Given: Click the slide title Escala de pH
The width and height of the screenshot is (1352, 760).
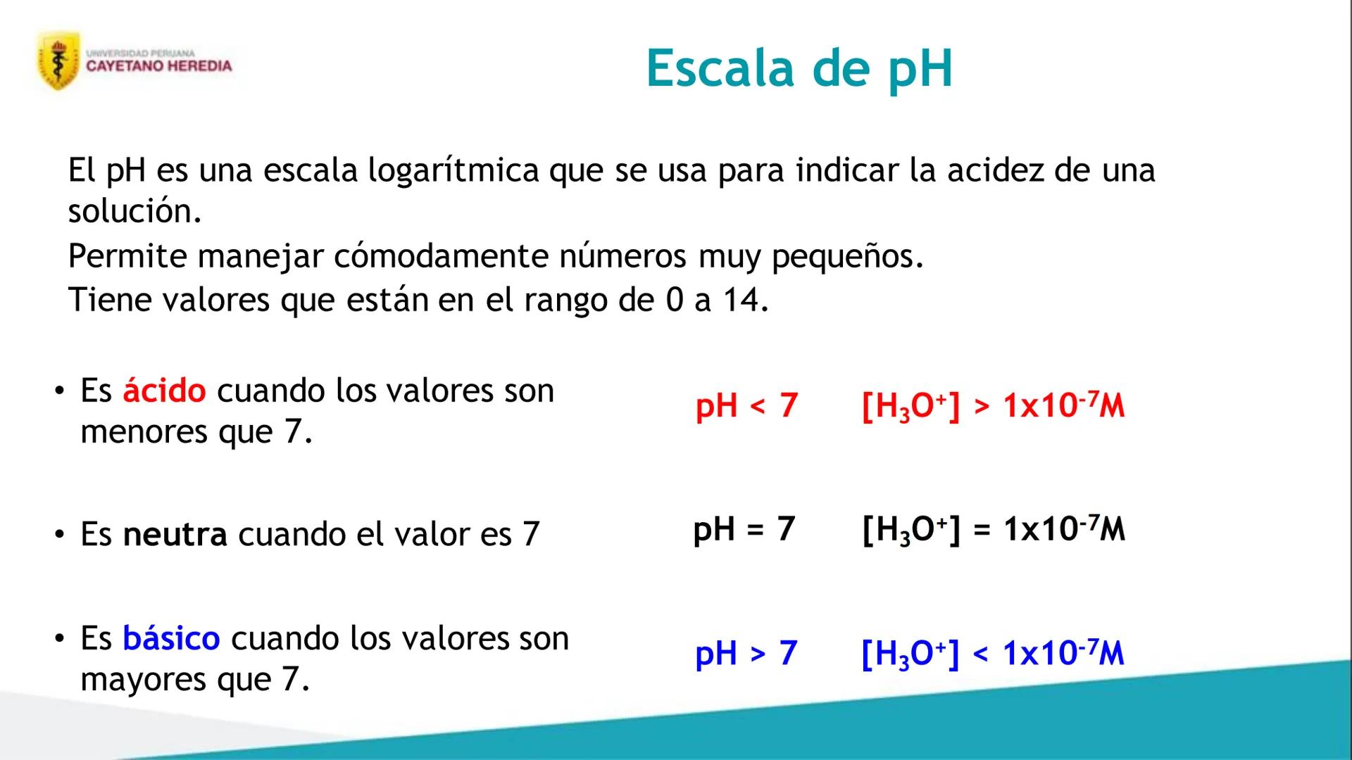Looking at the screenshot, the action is (799, 68).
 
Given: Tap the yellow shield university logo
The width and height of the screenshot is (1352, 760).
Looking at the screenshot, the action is (58, 61).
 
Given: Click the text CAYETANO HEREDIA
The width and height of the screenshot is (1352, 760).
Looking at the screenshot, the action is (159, 66).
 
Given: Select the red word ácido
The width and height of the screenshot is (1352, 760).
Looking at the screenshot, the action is (165, 390).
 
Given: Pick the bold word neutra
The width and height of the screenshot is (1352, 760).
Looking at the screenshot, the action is (175, 534).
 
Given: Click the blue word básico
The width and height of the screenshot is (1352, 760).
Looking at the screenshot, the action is (171, 638).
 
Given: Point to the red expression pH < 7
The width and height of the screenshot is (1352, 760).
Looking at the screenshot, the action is (746, 407).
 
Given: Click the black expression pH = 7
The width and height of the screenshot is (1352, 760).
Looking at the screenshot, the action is (744, 529).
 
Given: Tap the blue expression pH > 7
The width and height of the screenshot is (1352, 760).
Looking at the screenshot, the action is (746, 654).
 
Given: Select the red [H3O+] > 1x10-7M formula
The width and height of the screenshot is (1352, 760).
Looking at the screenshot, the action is (993, 407).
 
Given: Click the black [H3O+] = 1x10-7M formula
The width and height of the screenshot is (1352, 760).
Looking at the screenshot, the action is (994, 529).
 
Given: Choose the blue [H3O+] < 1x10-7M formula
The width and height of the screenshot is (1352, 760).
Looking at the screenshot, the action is (993, 654).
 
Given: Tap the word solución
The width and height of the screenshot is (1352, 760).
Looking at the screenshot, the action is (134, 210).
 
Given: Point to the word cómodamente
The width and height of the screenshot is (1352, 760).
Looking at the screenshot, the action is (440, 255).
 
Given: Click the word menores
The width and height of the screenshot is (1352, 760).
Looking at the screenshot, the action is (144, 432).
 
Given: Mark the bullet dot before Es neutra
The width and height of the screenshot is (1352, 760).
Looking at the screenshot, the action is (60, 535).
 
